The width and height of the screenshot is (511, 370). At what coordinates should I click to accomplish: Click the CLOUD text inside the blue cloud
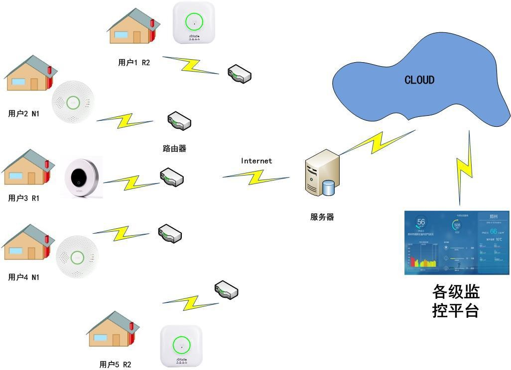click(419, 80)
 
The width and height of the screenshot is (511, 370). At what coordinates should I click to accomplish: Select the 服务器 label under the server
click(322, 217)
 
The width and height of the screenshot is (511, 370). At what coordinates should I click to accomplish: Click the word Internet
click(256, 161)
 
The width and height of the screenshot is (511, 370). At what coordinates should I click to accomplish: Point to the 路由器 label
click(174, 148)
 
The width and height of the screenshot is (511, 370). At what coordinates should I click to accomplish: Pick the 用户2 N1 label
click(23, 114)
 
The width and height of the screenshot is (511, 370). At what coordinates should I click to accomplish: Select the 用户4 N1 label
click(23, 277)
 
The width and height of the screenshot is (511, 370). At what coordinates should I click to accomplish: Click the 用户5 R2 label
click(116, 365)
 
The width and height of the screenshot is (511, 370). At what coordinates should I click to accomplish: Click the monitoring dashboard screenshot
click(457, 243)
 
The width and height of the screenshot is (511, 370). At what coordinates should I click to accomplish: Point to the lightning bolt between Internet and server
click(256, 176)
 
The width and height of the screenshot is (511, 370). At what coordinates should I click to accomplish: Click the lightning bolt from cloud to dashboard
click(465, 167)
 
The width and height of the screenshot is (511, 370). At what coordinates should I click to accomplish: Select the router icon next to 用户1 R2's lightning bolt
click(240, 74)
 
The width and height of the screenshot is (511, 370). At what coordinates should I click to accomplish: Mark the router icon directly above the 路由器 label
click(179, 120)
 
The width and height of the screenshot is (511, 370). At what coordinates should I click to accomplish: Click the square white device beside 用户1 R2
click(194, 23)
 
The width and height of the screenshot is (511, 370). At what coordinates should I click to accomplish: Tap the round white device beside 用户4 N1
click(77, 257)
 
